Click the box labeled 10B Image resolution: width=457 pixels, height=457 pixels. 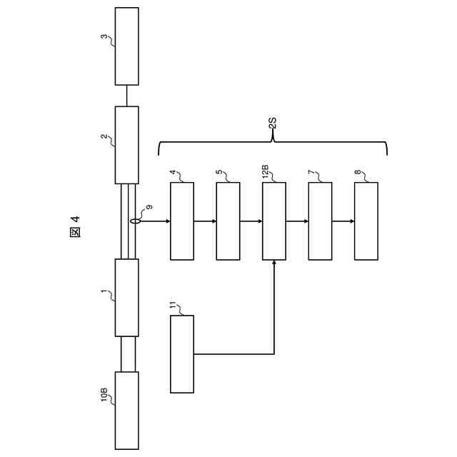[126, 411]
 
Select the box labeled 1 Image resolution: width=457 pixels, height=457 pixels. [126, 297]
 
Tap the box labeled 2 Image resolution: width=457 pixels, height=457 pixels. [126, 145]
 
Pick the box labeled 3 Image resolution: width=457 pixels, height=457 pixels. [126, 46]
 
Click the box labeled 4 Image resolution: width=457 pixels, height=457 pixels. [182, 221]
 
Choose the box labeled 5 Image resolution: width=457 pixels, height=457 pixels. [228, 221]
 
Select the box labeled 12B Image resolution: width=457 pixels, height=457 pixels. [274, 221]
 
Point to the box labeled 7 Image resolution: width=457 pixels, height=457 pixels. [320, 221]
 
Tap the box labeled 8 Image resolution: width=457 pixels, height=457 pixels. [366, 221]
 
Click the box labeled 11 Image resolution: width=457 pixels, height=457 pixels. [182, 353]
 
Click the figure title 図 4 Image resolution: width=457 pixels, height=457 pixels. [76, 226]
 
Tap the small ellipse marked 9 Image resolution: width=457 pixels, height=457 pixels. [134, 221]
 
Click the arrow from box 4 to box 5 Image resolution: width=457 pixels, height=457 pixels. [205, 221]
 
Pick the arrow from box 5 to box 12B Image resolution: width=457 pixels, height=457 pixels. [251, 221]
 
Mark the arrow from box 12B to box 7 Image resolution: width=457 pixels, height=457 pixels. [297, 221]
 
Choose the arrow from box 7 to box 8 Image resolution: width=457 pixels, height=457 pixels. [343, 221]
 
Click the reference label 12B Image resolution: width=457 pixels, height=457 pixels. [266, 172]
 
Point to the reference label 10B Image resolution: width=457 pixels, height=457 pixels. [104, 394]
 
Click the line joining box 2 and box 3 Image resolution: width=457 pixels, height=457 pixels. [126, 96]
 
